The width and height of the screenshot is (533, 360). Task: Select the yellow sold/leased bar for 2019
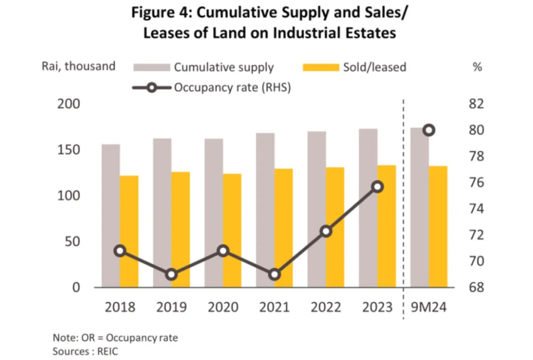(x=181, y=229)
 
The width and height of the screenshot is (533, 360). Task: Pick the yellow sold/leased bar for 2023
(x=387, y=226)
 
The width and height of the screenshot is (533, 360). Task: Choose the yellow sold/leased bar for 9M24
(x=438, y=226)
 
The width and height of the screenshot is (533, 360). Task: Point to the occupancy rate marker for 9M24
(x=429, y=130)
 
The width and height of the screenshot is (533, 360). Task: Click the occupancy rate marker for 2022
(x=326, y=231)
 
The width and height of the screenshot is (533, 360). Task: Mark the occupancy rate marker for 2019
(x=171, y=275)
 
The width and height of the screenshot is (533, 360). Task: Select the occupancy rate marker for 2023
(x=378, y=187)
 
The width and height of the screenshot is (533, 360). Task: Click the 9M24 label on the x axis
(x=429, y=307)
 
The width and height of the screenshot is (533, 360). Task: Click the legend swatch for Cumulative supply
(x=151, y=67)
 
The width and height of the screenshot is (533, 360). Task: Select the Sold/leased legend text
(x=374, y=67)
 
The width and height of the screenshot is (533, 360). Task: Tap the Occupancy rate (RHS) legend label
(x=232, y=87)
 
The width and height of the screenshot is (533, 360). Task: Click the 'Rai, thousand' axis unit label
(x=78, y=66)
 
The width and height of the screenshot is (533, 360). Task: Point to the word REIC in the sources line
(x=109, y=352)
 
